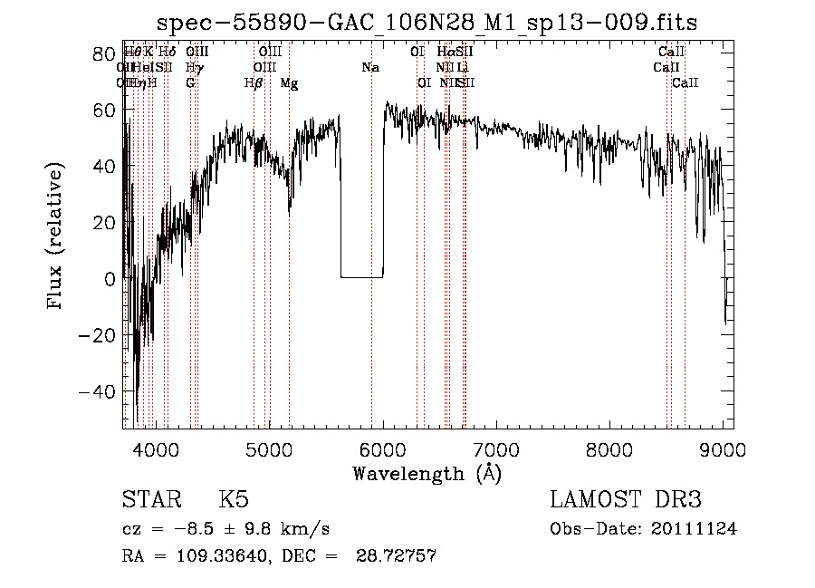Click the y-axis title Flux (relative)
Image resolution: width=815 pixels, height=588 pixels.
point(56,237)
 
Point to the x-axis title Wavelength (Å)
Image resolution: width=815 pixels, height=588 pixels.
point(427,473)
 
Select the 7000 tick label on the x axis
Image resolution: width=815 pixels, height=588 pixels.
point(496,448)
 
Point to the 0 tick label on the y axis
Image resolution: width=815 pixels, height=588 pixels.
point(108,279)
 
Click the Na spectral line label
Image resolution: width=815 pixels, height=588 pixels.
point(369,68)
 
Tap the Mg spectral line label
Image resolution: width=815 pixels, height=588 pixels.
point(289,83)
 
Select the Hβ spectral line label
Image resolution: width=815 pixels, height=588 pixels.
point(254,83)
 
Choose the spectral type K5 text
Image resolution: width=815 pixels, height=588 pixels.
point(234,500)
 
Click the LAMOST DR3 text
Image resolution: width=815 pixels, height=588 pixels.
point(626,500)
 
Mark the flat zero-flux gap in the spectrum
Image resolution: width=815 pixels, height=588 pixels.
point(361,276)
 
